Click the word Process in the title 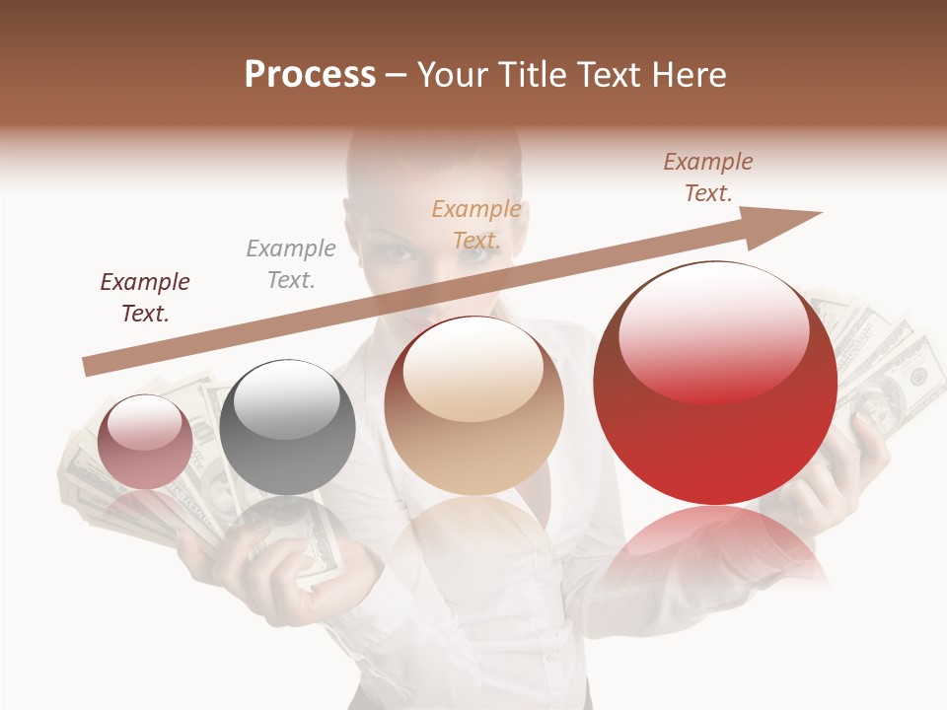click(310, 75)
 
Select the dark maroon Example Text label click(145, 298)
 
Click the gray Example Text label click(291, 264)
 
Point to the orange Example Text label click(476, 224)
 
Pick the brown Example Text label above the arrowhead click(708, 177)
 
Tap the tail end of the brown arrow click(91, 367)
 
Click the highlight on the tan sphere click(473, 369)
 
